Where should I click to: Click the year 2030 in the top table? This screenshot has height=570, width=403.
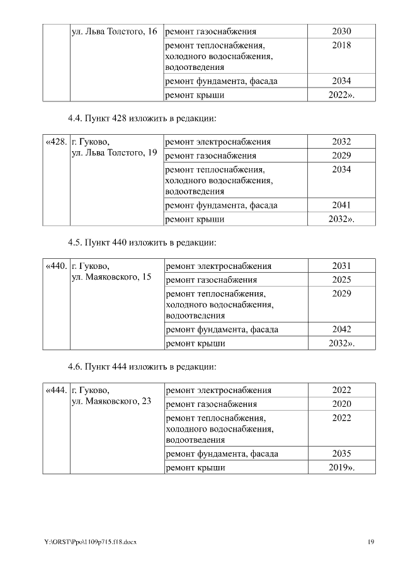(x=341, y=31)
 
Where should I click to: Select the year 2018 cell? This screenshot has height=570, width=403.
(x=341, y=45)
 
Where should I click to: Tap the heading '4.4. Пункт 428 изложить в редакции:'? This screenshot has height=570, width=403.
(x=142, y=118)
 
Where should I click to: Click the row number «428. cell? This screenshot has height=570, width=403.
(x=57, y=142)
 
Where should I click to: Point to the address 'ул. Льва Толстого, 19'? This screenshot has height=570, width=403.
(x=114, y=154)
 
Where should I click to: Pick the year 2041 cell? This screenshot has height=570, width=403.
(x=341, y=205)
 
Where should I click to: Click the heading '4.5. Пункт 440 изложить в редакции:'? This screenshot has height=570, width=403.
(x=142, y=242)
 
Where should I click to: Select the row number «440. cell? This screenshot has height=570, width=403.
(x=57, y=266)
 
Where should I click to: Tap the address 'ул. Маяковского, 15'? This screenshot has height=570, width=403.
(x=111, y=278)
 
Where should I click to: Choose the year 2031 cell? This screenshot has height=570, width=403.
(x=341, y=266)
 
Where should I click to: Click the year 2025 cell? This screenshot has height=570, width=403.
(x=341, y=280)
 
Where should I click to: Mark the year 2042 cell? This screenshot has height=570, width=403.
(x=341, y=329)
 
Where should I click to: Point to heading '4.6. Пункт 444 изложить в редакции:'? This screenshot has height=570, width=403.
(x=142, y=367)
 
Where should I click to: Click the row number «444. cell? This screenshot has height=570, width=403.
(x=57, y=390)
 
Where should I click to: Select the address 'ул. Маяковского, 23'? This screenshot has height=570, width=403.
(x=111, y=402)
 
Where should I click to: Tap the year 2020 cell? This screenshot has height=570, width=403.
(x=341, y=404)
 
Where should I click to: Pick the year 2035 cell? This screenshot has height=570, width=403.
(x=341, y=453)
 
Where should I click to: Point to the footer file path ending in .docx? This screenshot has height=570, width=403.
(x=90, y=542)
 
